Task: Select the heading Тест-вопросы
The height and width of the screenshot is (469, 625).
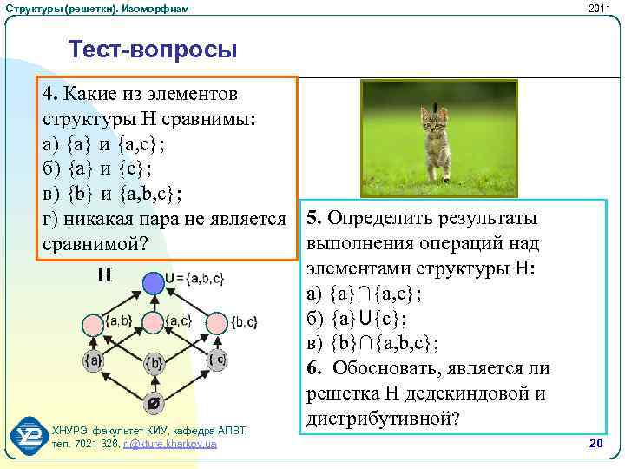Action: [x=152, y=50]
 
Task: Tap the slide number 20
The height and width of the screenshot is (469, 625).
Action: [x=595, y=444]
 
